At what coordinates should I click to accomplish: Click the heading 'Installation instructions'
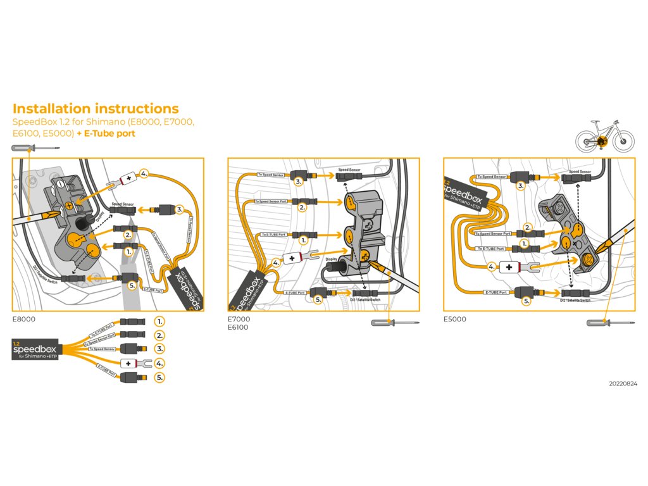(96, 109)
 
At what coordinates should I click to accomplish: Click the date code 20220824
(623, 383)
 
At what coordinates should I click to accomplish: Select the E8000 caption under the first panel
(24, 320)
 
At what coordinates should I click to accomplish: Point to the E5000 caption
(455, 320)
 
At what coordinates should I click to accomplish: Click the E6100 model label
(238, 328)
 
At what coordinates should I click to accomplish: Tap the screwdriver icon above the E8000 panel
(35, 148)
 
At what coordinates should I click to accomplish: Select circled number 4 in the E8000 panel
(144, 173)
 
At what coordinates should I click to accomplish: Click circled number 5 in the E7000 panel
(318, 299)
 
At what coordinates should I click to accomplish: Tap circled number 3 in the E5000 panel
(521, 185)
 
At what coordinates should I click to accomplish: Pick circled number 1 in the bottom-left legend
(159, 321)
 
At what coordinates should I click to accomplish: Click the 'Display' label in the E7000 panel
(332, 259)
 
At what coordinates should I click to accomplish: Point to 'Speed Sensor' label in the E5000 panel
(581, 171)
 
